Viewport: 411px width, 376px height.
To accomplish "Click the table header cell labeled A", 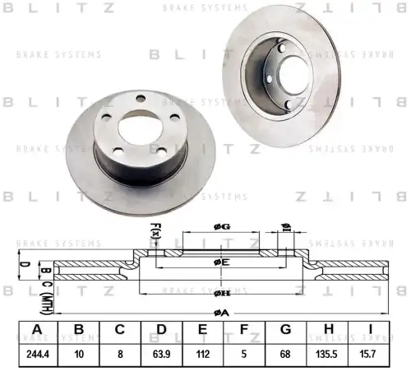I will coord(36,331).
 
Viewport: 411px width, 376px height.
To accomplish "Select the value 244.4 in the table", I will coord(36,355).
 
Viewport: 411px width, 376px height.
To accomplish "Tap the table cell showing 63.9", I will coord(162,355).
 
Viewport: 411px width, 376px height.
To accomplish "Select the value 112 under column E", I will coord(204,355).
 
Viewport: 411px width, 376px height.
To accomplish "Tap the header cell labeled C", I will coord(120,331).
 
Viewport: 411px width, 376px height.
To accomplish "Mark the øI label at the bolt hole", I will coord(285,228).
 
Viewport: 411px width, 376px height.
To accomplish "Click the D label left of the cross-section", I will coord(24,265).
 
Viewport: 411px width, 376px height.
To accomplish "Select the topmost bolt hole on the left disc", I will coord(141,99).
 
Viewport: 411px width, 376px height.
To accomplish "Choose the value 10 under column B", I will coord(78,355).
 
